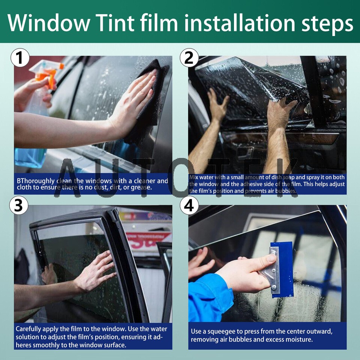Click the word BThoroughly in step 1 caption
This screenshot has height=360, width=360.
click(x=36, y=181)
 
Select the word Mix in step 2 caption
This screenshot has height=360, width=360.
click(x=194, y=177)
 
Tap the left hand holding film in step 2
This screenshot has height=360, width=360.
click(x=217, y=105)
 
